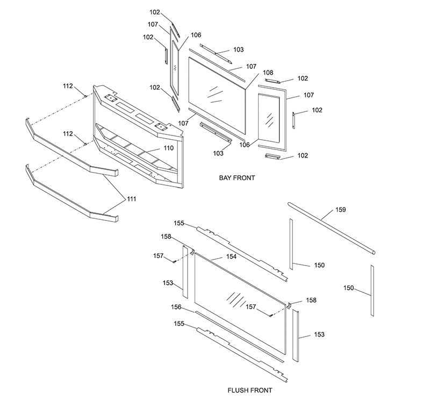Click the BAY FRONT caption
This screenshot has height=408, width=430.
[236, 177]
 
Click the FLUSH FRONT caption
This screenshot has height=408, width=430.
[250, 390]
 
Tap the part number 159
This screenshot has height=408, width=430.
[341, 209]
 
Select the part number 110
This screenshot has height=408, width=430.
[168, 148]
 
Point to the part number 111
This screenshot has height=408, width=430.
[132, 199]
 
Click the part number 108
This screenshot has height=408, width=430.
[268, 73]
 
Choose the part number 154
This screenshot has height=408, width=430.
[231, 256]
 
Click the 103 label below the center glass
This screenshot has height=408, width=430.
[218, 153]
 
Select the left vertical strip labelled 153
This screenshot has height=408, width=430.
[184, 271]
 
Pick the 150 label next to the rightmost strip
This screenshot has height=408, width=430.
[349, 288]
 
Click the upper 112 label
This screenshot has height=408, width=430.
[68, 86]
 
